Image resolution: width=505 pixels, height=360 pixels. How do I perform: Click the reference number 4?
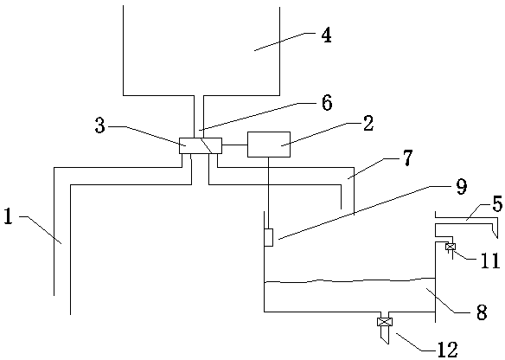(x=326, y=36)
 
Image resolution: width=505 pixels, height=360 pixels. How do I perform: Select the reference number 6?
(x=327, y=104)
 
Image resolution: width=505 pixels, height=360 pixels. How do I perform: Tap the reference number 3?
(x=100, y=125)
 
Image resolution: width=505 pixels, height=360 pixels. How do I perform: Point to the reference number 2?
(x=368, y=124)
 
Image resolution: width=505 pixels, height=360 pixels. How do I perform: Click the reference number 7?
(x=407, y=157)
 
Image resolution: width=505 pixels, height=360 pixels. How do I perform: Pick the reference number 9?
(x=462, y=187)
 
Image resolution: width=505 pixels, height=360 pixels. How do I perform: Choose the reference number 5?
(x=497, y=204)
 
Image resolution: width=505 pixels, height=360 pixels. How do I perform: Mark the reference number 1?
(x=9, y=216)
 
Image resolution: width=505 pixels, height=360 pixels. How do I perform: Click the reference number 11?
(x=490, y=260)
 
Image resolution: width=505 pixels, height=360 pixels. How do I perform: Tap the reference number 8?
(x=482, y=312)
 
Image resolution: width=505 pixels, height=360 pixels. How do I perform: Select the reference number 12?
(x=448, y=350)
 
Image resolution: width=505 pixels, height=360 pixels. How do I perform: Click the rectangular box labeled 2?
(x=269, y=145)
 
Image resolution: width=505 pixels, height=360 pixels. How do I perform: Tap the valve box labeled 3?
(x=201, y=145)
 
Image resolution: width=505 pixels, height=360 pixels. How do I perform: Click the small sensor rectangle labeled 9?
(x=269, y=237)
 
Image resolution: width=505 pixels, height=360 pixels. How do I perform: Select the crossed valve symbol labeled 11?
(x=451, y=247)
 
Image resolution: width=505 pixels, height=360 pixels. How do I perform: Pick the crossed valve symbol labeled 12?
(x=385, y=322)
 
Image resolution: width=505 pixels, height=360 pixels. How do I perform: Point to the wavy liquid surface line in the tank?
(x=349, y=280)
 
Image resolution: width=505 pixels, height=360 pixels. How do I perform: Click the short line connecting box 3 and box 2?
(x=235, y=145)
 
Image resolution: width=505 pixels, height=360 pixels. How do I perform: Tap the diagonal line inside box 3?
(x=206, y=145)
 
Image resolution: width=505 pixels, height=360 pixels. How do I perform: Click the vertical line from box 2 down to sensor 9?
(x=268, y=193)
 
